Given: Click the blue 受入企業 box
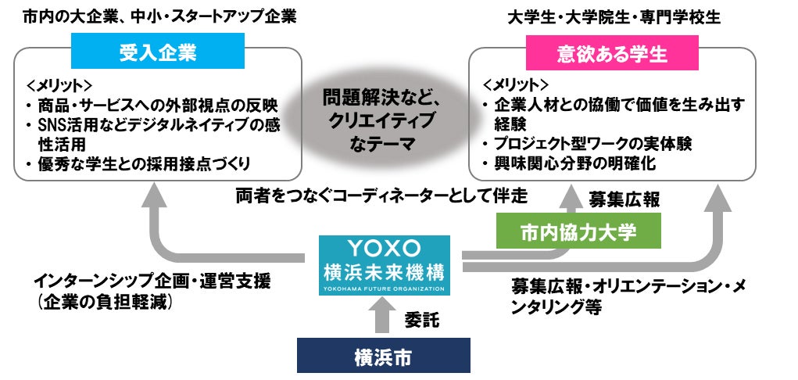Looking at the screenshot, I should point(157,54).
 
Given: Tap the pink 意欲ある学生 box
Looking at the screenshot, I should point(612,54).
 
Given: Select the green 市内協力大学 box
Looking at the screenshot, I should point(578,231).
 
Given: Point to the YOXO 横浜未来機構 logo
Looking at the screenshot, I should point(384,265).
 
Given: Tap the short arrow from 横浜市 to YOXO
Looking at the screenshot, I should point(384,316).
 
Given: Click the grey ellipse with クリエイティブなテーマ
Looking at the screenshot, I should point(381,121).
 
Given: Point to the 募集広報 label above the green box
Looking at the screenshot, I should point(624,200).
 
